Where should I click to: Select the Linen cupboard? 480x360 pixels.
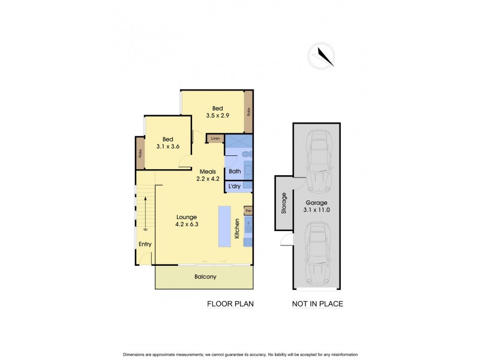pyautogui.click(x=215, y=139)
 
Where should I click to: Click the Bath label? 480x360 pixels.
pyautogui.click(x=235, y=172)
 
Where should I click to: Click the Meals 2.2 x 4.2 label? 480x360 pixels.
pyautogui.click(x=208, y=175)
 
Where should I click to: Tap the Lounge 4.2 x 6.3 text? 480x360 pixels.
pyautogui.click(x=187, y=221)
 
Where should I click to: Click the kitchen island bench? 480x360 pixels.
pyautogui.click(x=225, y=227)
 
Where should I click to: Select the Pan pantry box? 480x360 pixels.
pyautogui.click(x=248, y=211)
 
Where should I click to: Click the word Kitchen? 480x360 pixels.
pyautogui.click(x=238, y=230)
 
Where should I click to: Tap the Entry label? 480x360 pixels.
pyautogui.click(x=145, y=244)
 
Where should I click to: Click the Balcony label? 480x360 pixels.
pyautogui.click(x=205, y=277)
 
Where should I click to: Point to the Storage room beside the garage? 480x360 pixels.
pyautogui.click(x=284, y=203)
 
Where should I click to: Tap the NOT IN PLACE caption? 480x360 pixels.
pyautogui.click(x=317, y=304)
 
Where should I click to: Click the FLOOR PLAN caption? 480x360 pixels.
pyautogui.click(x=230, y=304)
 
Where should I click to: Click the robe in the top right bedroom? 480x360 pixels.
pyautogui.click(x=248, y=112)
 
